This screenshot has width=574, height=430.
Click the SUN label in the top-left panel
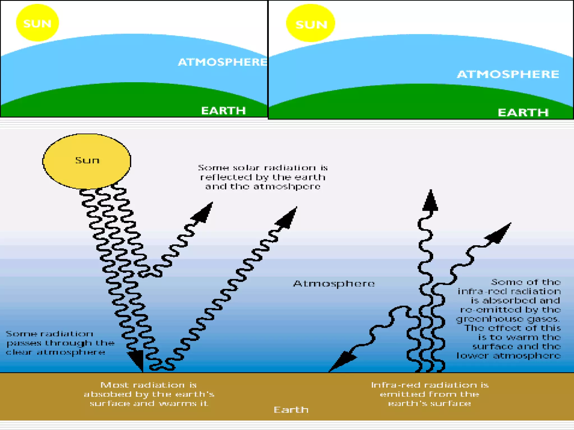pyautogui.click(x=37, y=24)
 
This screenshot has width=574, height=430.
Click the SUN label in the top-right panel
pyautogui.click(x=311, y=25)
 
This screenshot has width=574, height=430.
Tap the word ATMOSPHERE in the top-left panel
pyautogui.click(x=223, y=62)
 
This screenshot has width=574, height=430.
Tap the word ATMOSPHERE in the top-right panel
pyautogui.click(x=508, y=74)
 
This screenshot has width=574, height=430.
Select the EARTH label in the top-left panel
pyautogui.click(x=223, y=111)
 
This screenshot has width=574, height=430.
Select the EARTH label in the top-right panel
pyautogui.click(x=523, y=113)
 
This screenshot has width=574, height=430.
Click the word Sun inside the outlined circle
pyautogui.click(x=87, y=160)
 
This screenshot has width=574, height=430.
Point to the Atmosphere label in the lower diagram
pyautogui.click(x=334, y=284)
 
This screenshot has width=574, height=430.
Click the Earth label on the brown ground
pyautogui.click(x=291, y=410)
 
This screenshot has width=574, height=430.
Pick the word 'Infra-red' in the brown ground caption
pyautogui.click(x=396, y=385)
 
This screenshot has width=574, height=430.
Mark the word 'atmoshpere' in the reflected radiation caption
pyautogui.click(x=287, y=187)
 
